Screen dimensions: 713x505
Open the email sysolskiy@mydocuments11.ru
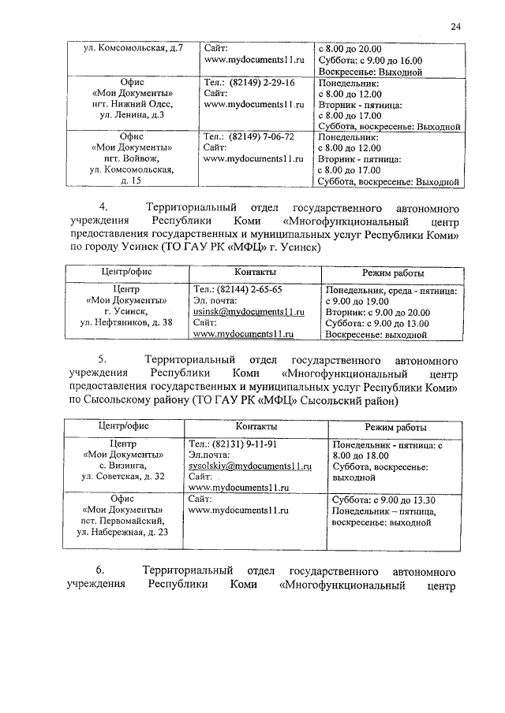(250, 466)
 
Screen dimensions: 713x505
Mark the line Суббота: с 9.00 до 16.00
(368, 60)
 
